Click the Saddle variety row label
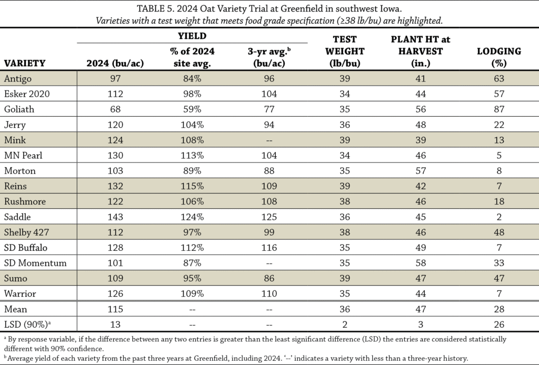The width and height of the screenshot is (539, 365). point(17,217)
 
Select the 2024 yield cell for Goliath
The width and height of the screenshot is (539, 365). point(115,109)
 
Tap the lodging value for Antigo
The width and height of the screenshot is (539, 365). point(499,79)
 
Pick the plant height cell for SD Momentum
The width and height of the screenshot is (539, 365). point(421,263)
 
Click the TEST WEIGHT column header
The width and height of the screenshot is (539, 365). point(345,51)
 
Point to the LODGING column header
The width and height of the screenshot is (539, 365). point(499,57)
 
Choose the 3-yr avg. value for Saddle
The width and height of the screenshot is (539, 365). point(269,217)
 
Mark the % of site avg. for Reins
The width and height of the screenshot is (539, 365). point(192,186)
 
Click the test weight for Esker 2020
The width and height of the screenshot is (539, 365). point(345,94)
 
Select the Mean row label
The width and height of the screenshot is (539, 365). point(15,309)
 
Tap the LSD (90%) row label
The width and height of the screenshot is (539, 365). point(27,325)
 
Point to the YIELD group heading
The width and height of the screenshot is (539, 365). point(192,36)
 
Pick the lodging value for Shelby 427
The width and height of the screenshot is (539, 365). point(499,232)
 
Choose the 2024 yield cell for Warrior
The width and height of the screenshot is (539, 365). point(115,294)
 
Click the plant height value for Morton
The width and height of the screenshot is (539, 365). point(421,171)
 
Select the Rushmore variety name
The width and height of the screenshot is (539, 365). point(25,201)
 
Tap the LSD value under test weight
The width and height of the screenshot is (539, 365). point(345,325)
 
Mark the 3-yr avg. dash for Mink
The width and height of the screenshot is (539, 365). point(269,140)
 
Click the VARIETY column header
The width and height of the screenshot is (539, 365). point(25,64)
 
